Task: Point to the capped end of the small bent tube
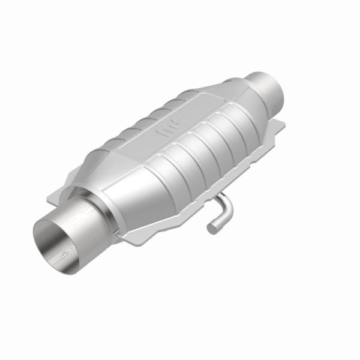[x=211, y=227]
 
